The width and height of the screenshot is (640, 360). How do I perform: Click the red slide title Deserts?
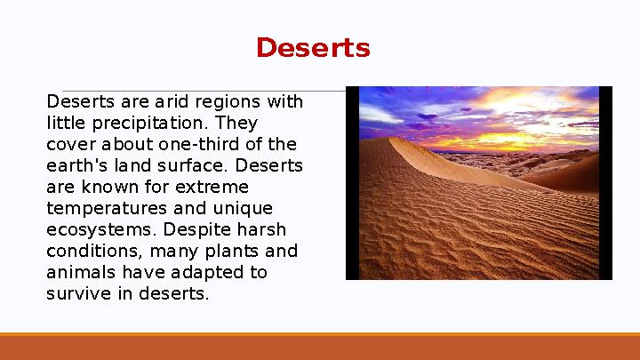(312, 48)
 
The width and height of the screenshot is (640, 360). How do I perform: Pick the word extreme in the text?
(214, 187)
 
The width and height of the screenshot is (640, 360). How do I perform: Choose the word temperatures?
(100, 208)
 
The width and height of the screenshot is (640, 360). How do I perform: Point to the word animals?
(81, 272)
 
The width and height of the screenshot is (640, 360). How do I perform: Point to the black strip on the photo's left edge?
(352, 183)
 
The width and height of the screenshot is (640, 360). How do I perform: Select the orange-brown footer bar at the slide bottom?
(320, 348)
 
